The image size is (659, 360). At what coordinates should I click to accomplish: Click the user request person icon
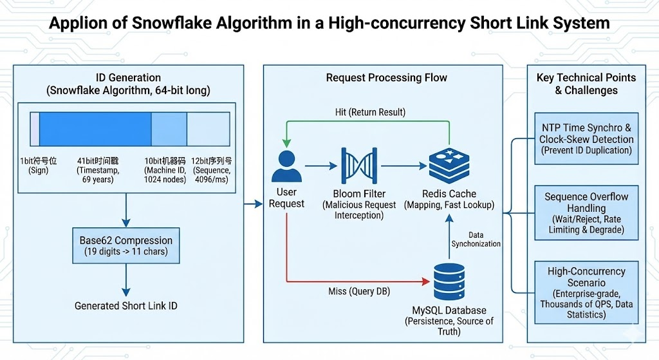[x=286, y=166]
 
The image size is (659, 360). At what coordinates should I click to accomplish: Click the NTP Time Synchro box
[x=586, y=138]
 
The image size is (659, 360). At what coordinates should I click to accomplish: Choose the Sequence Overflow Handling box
[x=586, y=213]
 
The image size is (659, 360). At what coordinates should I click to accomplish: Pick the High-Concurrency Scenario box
[x=586, y=293]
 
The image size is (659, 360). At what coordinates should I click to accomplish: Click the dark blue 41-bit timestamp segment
[x=95, y=128]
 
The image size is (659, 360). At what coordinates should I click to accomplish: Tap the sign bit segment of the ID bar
[x=35, y=128]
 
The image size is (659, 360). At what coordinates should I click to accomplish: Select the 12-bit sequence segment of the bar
[x=208, y=128]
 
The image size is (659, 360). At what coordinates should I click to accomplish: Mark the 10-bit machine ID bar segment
[x=169, y=128]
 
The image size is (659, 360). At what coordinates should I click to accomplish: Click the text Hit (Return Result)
[x=371, y=112]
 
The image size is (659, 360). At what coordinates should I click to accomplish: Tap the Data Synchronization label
[x=476, y=239]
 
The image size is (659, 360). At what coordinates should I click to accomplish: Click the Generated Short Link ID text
[x=125, y=305]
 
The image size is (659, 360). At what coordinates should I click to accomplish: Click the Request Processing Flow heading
[x=386, y=78]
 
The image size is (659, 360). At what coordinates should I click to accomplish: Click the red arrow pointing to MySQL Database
[x=360, y=281]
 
